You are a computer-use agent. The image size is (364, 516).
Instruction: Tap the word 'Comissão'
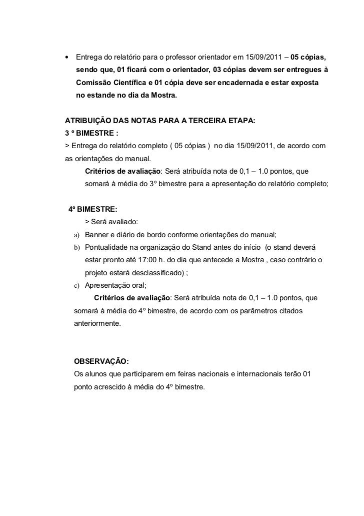[95, 81]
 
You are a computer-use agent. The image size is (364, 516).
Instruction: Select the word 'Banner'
[97, 235]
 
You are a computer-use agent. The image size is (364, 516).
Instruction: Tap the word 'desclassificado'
[152, 273]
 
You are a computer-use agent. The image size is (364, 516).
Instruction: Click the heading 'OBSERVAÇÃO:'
[101, 362]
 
